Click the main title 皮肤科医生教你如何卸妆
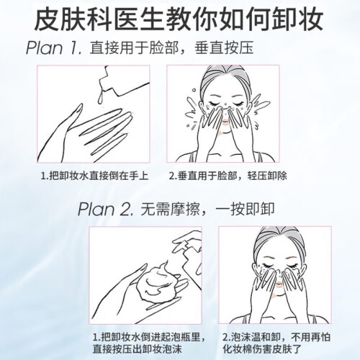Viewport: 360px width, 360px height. pos(179,18)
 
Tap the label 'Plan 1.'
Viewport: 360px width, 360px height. pos(54,48)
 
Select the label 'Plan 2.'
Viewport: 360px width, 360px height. pos(106,210)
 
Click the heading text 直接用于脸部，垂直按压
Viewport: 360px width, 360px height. pos(171,48)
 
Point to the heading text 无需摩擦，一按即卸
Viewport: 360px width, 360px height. pos(207,210)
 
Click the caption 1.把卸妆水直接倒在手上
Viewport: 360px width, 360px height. pos(94,176)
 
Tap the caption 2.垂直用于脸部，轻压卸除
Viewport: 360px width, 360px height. pos(228,176)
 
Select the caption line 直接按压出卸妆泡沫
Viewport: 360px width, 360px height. pos(137,348)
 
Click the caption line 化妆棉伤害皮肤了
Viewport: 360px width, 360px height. pos(262,348)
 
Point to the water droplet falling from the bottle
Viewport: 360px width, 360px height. pos(101,97)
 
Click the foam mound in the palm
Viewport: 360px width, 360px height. pos(160,283)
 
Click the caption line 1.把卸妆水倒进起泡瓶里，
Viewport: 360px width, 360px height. pos(149,338)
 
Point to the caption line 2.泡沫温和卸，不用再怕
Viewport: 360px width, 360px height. pos(276,338)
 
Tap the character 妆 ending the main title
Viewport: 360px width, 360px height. pos(311,18)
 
